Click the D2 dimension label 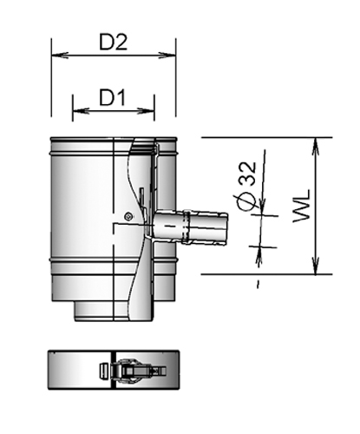(114, 43)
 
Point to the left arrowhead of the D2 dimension (56, 56)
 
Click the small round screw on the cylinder (128, 215)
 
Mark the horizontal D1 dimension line (114, 110)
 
